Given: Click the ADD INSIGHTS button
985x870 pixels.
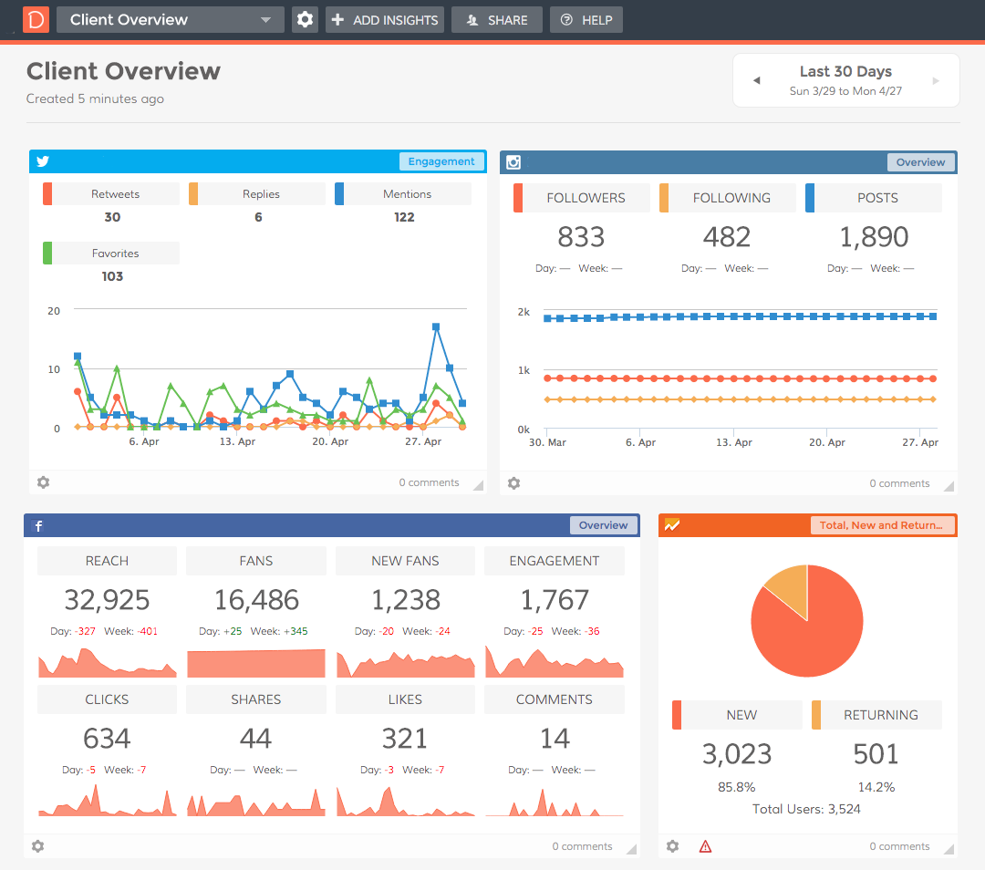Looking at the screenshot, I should point(384,20).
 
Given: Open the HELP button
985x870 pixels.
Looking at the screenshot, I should point(586,20).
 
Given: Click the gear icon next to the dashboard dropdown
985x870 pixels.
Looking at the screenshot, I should point(305,20).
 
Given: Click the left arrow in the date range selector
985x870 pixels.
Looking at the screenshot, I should point(756,80).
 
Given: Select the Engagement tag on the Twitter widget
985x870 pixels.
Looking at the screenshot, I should point(441,161).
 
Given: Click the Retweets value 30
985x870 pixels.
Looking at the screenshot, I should point(112,217).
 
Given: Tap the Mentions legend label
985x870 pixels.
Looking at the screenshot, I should point(407,194).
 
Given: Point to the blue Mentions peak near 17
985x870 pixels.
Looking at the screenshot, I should point(436,326).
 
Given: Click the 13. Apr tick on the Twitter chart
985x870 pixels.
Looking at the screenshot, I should point(237,441).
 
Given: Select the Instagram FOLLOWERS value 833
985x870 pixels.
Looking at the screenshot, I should point(581,237).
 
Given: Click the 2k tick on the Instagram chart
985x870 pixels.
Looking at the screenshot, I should point(524,312).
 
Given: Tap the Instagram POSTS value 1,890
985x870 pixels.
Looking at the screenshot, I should point(873,237).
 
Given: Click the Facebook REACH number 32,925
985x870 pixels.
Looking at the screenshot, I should point(107,599).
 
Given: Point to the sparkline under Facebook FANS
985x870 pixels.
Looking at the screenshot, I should point(256,663).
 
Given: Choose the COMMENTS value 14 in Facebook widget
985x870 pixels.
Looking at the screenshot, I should point(554,738).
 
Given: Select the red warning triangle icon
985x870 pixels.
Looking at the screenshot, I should point(705,846).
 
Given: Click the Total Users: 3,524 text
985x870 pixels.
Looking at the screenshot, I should point(806,809).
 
